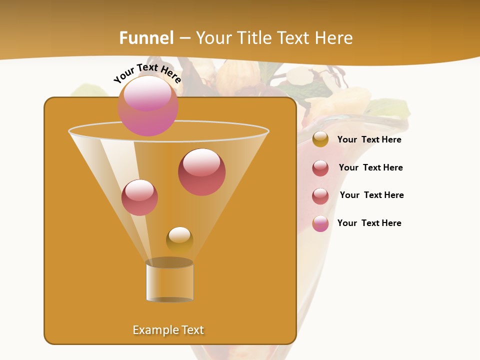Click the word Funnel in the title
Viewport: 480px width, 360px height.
[146, 38]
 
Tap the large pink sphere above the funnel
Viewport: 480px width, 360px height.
[148, 105]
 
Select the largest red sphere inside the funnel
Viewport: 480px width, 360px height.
[201, 171]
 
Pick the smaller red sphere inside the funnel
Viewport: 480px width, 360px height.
[139, 197]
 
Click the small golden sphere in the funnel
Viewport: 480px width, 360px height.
[179, 239]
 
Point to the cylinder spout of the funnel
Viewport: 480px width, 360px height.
[169, 282]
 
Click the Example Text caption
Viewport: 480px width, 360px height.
[168, 330]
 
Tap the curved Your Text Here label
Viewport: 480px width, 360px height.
[147, 73]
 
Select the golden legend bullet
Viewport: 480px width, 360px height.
[320, 139]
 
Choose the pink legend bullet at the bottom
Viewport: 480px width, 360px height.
[320, 223]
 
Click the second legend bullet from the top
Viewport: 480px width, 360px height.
[320, 168]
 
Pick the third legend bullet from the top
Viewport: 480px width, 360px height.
[320, 195]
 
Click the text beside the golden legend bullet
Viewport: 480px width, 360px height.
[369, 140]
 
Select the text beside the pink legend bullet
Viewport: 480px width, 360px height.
[369, 223]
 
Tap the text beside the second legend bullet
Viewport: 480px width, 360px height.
[370, 167]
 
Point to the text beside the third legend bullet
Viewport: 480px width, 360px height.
[371, 195]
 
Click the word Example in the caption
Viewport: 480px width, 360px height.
[154, 330]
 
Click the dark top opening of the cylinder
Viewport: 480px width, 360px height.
[169, 262]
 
